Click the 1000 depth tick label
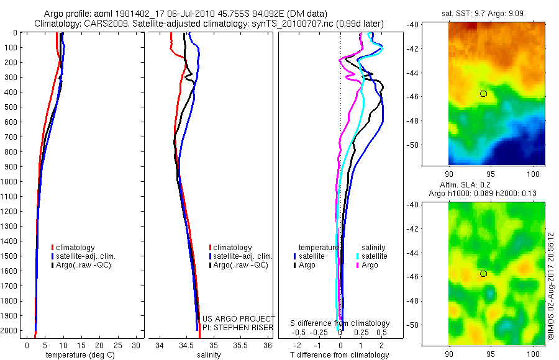(x=10, y=182)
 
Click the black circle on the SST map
(x=484, y=93)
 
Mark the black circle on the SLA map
(x=484, y=274)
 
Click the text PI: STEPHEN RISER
(x=239, y=326)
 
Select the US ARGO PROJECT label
(x=239, y=318)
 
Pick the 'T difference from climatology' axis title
(x=340, y=355)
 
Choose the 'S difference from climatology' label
(x=340, y=323)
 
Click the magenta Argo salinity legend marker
(x=357, y=265)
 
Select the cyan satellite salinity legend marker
(x=357, y=256)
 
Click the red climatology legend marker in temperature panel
(x=53, y=248)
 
